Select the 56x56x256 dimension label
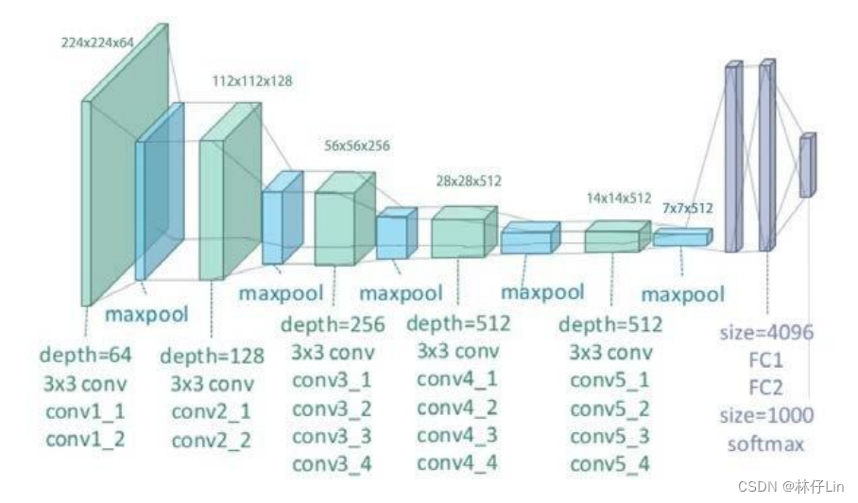click(x=357, y=146)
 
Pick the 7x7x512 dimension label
click(x=687, y=207)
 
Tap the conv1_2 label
click(x=85, y=440)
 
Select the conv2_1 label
click(x=212, y=412)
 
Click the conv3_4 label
click(x=332, y=464)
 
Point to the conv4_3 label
click(x=457, y=436)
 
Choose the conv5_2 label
click(x=610, y=408)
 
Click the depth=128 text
click(x=212, y=356)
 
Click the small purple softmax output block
click(x=806, y=165)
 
